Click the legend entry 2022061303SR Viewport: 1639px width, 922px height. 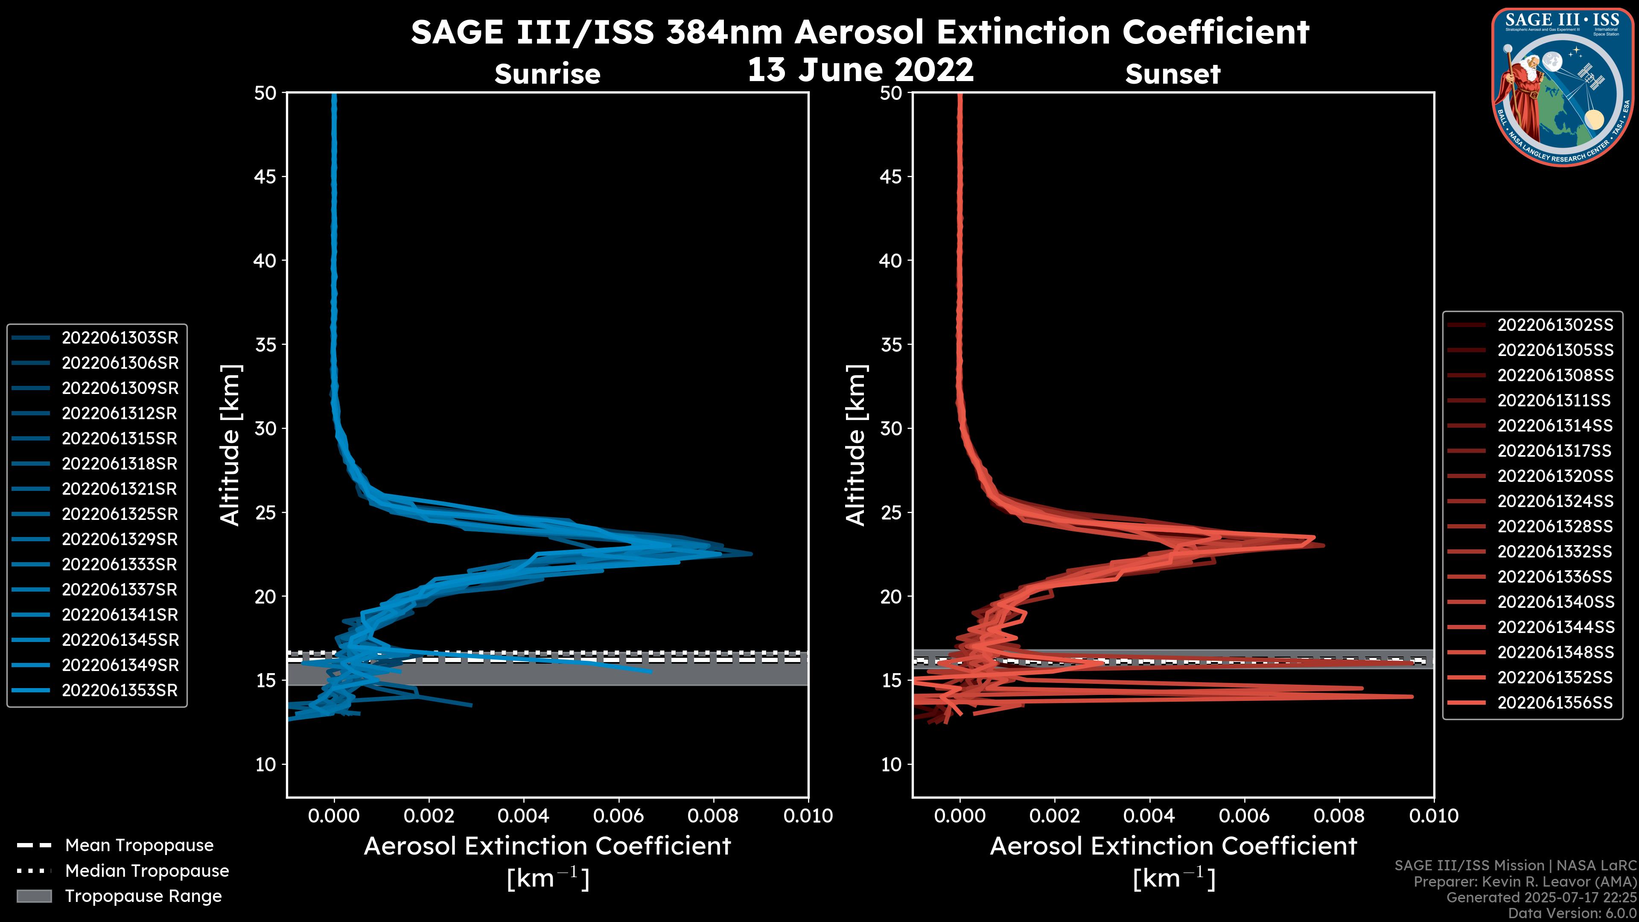pyautogui.click(x=120, y=338)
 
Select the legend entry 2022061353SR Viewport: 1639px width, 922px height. pyautogui.click(x=120, y=690)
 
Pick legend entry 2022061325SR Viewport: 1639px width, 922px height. pyautogui.click(x=120, y=514)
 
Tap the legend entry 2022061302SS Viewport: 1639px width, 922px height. pyautogui.click(x=1555, y=325)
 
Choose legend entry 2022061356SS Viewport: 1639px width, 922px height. pyautogui.click(x=1555, y=703)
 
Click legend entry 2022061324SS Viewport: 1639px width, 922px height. pyautogui.click(x=1555, y=502)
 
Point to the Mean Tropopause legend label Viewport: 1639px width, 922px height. pyautogui.click(x=139, y=846)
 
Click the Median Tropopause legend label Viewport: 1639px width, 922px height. pyautogui.click(x=147, y=871)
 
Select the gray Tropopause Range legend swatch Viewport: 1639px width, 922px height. pyautogui.click(x=34, y=896)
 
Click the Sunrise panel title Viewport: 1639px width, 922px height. pyautogui.click(x=547, y=74)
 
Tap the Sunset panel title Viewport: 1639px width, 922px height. pyautogui.click(x=1172, y=74)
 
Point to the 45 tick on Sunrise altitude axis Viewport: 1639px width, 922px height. pyautogui.click(x=265, y=177)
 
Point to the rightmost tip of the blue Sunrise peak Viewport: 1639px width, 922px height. pyautogui.click(x=751, y=554)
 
